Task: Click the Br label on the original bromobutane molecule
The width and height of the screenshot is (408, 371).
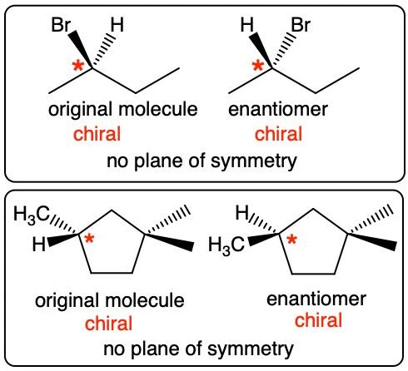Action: (x=61, y=25)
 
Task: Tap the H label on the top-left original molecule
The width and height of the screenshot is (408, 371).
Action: (x=117, y=25)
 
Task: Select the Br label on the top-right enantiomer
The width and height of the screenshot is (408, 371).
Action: (x=301, y=25)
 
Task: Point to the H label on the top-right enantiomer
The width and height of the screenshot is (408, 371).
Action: (x=247, y=25)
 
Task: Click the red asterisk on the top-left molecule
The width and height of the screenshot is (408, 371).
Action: (x=78, y=67)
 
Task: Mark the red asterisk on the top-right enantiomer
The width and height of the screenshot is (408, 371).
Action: (x=258, y=67)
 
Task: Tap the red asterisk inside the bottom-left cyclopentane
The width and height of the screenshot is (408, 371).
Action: (x=89, y=239)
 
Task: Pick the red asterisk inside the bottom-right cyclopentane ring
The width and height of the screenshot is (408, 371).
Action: (x=291, y=240)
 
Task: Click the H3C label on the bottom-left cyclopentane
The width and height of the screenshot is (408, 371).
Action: (x=32, y=215)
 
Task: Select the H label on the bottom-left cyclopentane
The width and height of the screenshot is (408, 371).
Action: (x=39, y=245)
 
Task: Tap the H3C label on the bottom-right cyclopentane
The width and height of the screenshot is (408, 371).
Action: (x=226, y=246)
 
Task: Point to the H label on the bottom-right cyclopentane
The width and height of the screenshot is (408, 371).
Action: (x=242, y=213)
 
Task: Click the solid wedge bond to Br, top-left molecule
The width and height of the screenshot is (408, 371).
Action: (x=81, y=49)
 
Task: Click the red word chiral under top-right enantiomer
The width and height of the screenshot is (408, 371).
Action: (x=278, y=134)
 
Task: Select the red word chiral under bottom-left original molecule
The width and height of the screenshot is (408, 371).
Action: (x=108, y=324)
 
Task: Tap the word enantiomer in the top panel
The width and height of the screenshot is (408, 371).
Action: (x=278, y=109)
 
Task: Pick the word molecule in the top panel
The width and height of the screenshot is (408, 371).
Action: (x=158, y=109)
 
